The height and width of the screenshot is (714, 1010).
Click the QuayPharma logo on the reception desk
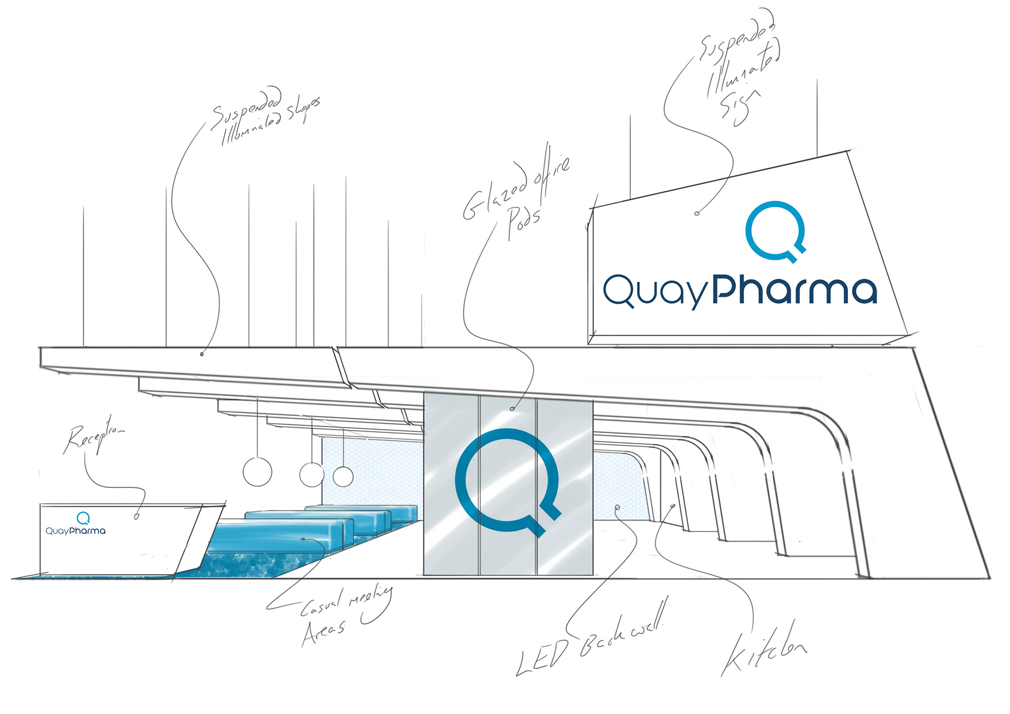(76, 525)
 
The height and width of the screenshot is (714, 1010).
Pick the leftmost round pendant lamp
(257, 472)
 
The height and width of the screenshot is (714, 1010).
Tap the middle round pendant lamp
(311, 474)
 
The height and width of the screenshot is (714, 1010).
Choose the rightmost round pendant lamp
(343, 476)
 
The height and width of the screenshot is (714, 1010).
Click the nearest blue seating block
(279, 536)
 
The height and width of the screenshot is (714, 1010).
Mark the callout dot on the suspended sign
(697, 213)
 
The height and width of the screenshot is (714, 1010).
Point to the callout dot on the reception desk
(137, 517)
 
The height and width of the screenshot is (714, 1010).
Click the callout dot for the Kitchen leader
(673, 506)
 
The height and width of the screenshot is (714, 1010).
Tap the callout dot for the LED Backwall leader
(618, 507)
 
